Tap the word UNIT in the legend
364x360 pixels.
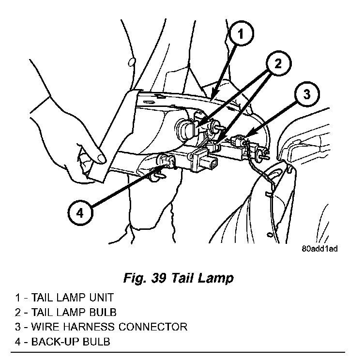pos(100,297)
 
